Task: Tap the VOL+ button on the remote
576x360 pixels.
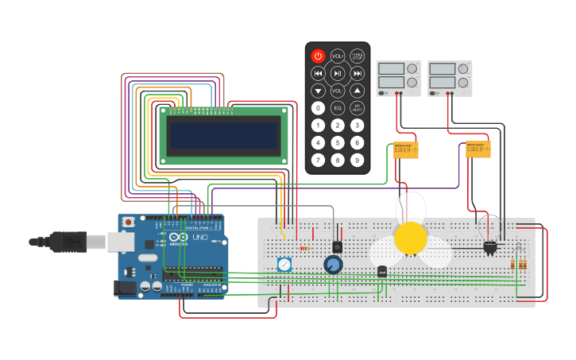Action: pyautogui.click(x=338, y=56)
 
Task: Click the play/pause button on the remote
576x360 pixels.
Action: pyautogui.click(x=338, y=73)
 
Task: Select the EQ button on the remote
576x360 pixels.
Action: pyautogui.click(x=338, y=107)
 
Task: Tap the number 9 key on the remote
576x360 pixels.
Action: pyautogui.click(x=357, y=160)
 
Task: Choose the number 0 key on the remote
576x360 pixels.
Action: pyautogui.click(x=318, y=107)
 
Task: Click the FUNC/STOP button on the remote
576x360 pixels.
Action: pyautogui.click(x=358, y=56)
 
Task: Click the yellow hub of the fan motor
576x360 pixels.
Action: pyautogui.click(x=411, y=238)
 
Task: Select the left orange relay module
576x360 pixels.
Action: pyautogui.click(x=406, y=150)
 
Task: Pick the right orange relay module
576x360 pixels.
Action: pyautogui.click(x=478, y=149)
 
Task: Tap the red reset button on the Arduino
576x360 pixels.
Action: pyautogui.click(x=127, y=222)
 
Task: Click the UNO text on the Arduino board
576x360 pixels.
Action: pyautogui.click(x=197, y=238)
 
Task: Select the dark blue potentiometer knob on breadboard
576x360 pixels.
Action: pyautogui.click(x=333, y=265)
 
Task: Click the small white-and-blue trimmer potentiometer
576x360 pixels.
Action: pyautogui.click(x=284, y=265)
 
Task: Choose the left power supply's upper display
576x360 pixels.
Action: pyautogui.click(x=392, y=68)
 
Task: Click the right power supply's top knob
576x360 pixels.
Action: pyautogui.click(x=463, y=69)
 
